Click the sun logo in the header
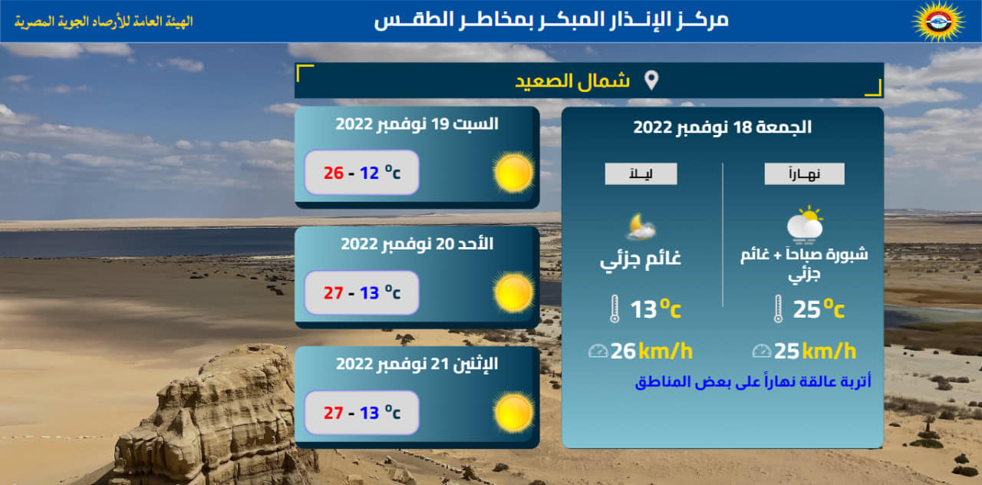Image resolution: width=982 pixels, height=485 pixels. (x=938, y=21)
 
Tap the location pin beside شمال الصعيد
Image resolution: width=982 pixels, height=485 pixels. (x=651, y=81)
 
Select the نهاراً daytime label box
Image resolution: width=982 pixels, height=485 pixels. (x=805, y=174)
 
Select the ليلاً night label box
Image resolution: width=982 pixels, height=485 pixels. (x=641, y=174)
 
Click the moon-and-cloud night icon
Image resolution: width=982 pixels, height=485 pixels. (x=641, y=226)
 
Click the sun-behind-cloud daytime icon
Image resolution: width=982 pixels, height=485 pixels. (x=806, y=224)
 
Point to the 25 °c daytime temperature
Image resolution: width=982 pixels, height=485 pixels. (x=819, y=309)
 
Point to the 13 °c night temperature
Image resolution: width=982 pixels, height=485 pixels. (x=655, y=309)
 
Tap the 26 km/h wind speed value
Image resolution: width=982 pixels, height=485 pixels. (x=651, y=351)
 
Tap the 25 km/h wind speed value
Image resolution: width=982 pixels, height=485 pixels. (x=815, y=351)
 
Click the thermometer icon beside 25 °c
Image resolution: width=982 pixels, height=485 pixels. (x=778, y=309)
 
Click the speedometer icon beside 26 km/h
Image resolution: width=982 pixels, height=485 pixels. (x=598, y=351)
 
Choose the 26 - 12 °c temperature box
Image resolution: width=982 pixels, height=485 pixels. (x=361, y=173)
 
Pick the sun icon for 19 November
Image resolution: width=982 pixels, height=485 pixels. (x=513, y=173)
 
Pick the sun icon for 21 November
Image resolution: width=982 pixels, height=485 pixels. (x=513, y=413)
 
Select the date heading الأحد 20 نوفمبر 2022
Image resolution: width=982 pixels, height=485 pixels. (x=417, y=244)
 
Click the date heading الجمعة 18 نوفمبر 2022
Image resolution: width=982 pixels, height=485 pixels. (x=723, y=127)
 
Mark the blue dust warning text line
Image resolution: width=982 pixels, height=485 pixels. (x=753, y=381)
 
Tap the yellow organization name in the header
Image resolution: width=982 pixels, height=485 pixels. (x=104, y=21)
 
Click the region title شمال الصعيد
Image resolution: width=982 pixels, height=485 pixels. (x=572, y=81)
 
